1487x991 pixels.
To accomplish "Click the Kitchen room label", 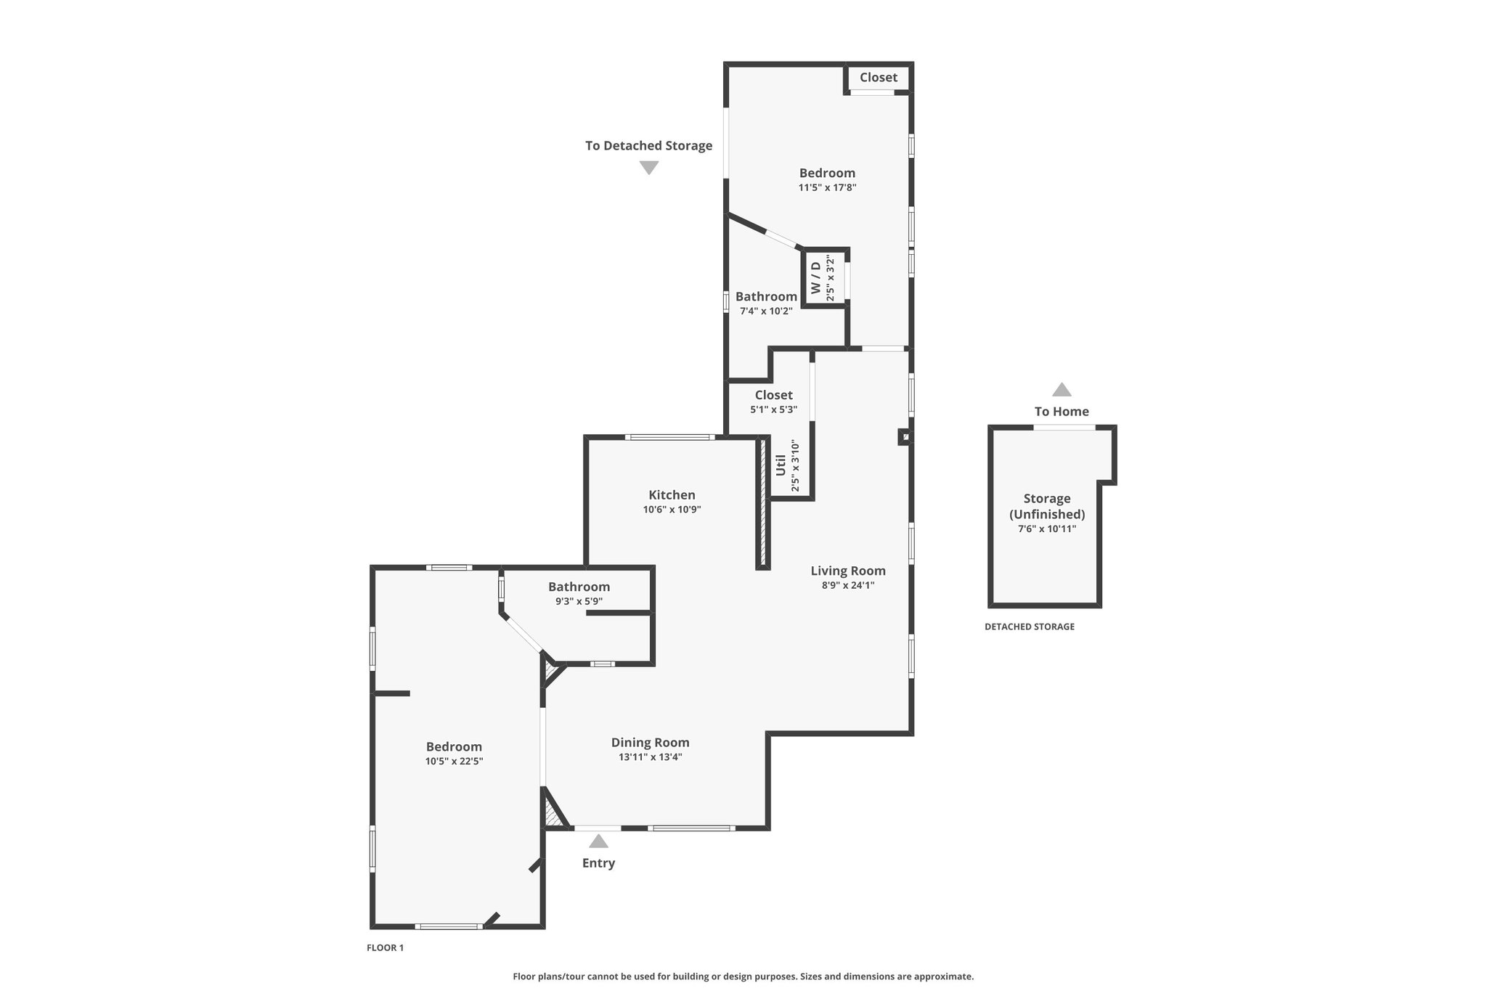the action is (672, 495).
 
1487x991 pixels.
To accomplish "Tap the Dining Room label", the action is (650, 743).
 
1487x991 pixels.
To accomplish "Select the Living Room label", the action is (848, 571).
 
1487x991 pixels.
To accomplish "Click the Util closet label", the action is (781, 465).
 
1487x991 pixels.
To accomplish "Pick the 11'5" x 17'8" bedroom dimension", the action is (827, 187).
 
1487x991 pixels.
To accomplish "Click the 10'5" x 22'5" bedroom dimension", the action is (454, 762).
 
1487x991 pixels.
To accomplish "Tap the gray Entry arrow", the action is (598, 841).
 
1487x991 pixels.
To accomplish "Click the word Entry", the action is (598, 863).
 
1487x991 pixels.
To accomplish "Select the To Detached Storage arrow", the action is (648, 168).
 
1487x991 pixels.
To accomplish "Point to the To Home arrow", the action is (1062, 389).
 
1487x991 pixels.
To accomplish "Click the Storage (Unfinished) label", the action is (1047, 507).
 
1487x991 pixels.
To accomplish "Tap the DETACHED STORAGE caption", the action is (1030, 627).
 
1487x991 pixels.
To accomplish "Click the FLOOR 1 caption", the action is (385, 947).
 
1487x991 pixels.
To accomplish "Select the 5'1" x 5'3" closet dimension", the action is (773, 409).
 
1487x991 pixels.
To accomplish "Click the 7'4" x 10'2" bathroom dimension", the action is (766, 311).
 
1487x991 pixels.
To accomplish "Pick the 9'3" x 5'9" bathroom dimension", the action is (579, 601).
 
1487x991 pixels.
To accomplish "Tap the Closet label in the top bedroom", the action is (879, 78).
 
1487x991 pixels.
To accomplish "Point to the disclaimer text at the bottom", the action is (743, 976).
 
